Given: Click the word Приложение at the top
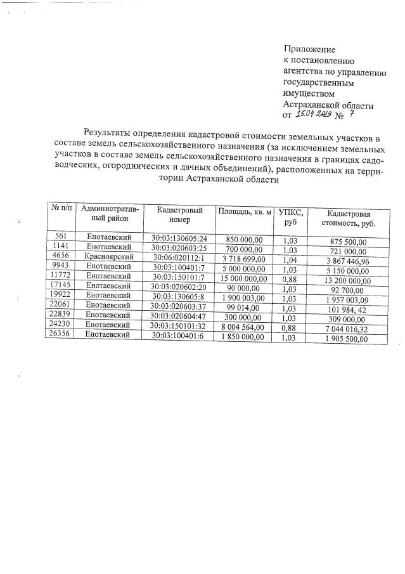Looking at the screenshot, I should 309,49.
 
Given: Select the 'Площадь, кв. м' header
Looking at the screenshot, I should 244,212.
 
